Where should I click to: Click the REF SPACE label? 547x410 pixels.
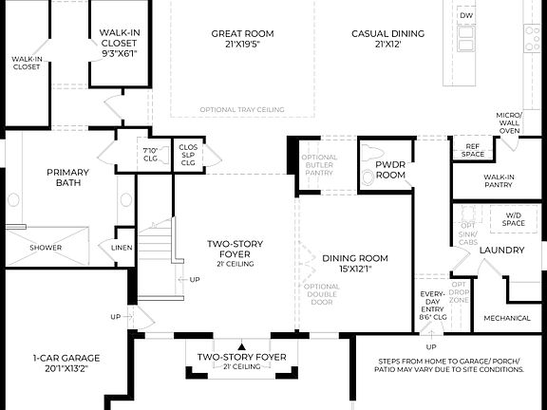[472, 150]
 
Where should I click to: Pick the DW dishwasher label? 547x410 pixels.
[466, 16]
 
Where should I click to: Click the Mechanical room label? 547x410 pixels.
[507, 318]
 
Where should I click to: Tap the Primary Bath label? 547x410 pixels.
[67, 177]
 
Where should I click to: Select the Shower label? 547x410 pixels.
[46, 247]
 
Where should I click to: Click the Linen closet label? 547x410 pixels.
[122, 249]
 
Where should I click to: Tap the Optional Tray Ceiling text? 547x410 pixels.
[242, 110]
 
